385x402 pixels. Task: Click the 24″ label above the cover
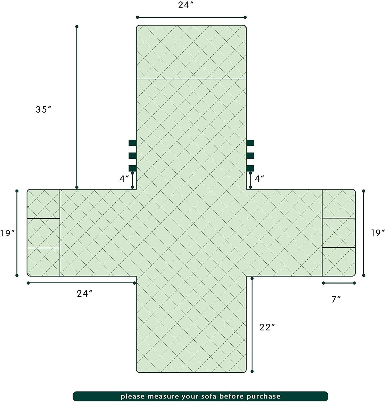pos(186,5)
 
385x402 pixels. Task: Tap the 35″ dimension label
pos(43,109)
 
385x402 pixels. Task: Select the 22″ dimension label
pos(267,327)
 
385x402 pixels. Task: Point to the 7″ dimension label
pos(336,299)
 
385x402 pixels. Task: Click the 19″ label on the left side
pos(7,233)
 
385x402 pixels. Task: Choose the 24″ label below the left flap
pos(85,294)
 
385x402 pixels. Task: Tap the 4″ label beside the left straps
pos(124,179)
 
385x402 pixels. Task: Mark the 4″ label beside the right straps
pos(259,179)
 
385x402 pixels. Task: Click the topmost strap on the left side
pos(133,143)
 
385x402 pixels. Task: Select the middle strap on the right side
pos(250,155)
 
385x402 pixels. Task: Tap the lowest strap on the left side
pos(133,168)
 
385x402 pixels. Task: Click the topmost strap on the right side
pos(250,143)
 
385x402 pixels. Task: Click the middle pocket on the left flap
pos(43,233)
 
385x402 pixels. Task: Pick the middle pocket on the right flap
pos(339,233)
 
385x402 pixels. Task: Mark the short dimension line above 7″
pos(339,283)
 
